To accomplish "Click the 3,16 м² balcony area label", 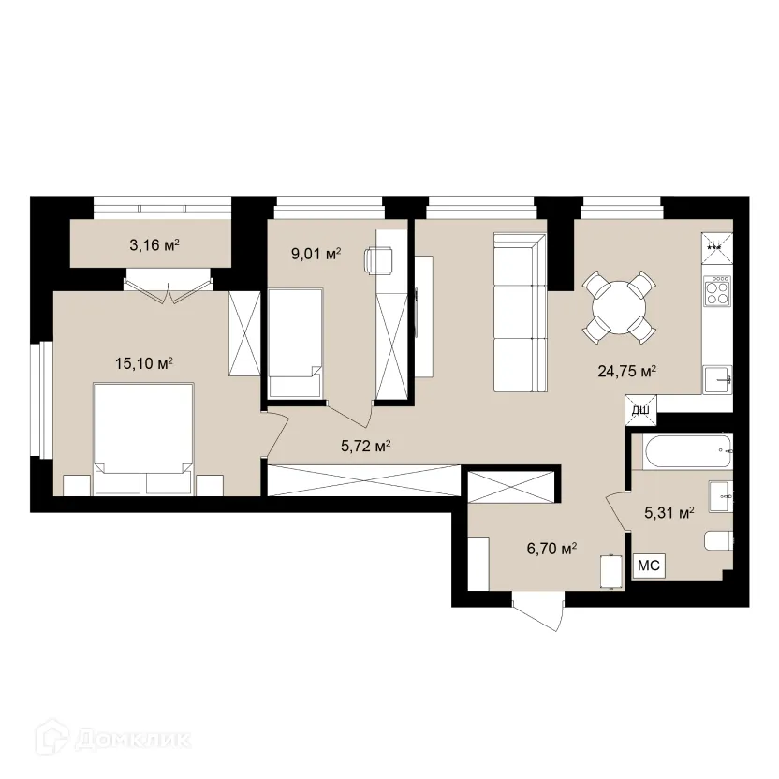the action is pos(154,244).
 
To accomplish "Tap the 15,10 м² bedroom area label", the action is pos(144,363).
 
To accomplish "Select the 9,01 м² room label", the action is pos(316,254).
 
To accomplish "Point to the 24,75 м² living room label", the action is pos(627,371).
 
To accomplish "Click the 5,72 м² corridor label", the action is pos(366,446).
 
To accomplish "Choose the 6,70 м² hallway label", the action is pos(551,549).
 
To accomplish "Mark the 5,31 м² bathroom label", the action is pos(669,512).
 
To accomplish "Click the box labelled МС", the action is pos(649,565).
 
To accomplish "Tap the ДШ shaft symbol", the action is pos(640,410).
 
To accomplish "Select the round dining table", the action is pos(619,307).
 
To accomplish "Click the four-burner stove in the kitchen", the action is pos(717,290).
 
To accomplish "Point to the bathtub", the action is pos(687,451).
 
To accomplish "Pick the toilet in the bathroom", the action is pos(719,540).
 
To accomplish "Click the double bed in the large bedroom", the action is pos(143,439).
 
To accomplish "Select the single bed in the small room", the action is pos(295,343).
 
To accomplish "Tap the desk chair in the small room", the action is pos(378,260).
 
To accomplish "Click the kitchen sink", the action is pos(717,380).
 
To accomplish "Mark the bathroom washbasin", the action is pos(721,496).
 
